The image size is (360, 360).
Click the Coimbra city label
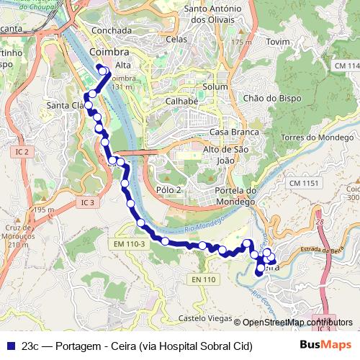tap(110, 53)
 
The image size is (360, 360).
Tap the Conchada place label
tap(112, 31)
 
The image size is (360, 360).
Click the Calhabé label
tap(181, 101)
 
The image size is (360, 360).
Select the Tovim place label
tap(278, 42)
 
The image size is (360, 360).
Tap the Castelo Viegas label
tap(205, 318)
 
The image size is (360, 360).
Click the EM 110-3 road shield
tap(130, 245)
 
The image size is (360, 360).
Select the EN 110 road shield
tap(204, 279)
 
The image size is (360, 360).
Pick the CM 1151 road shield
tap(305, 184)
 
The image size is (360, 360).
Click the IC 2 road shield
tap(22, 152)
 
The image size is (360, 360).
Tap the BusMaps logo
tap(326, 345)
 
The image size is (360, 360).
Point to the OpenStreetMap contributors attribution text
tap(298, 322)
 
